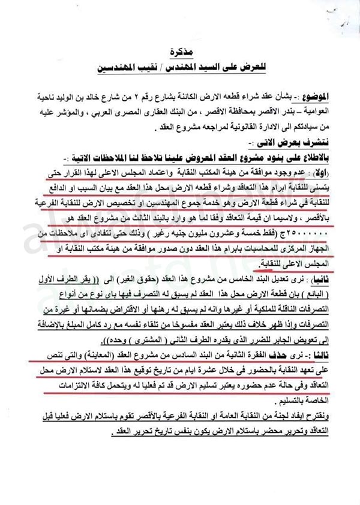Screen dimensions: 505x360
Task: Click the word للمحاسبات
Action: click(265, 247)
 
